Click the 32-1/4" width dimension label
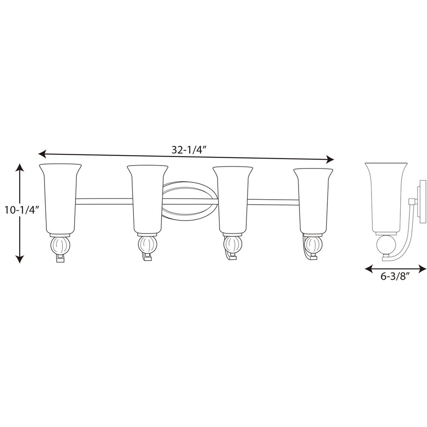tap(188, 150)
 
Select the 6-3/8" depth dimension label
tap(395, 276)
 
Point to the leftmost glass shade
tap(60, 199)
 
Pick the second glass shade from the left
tap(148, 200)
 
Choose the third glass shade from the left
tap(233, 201)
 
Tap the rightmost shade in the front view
tap(313, 201)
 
